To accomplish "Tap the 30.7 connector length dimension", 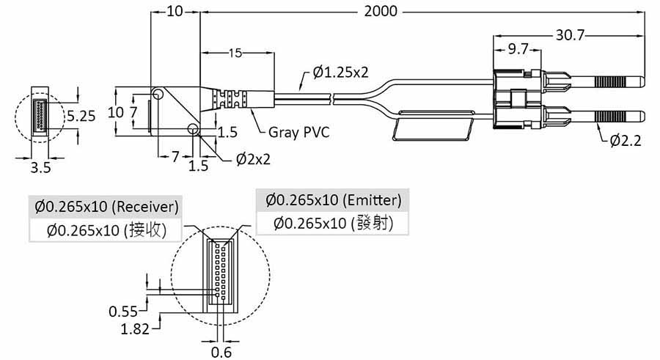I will coord(569,34).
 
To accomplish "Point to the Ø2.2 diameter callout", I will coord(626,141).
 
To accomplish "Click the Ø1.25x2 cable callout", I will coord(340,72).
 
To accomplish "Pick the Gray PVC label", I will coord(299,133).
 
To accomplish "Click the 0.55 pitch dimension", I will coord(125,311).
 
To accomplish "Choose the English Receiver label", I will coord(147,206).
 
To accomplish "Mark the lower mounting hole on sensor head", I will coord(194,130).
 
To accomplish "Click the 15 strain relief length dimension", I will coord(235,54).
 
